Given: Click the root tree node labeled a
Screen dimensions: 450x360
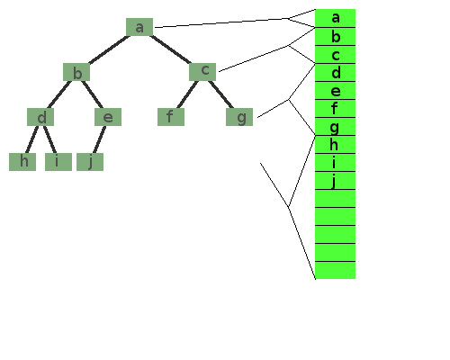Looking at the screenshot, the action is [x=139, y=27].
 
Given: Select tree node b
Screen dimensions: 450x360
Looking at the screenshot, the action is [x=76, y=72].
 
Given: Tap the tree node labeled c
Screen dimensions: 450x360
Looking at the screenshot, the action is [x=202, y=72].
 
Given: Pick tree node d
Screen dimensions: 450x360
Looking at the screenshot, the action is [x=40, y=117].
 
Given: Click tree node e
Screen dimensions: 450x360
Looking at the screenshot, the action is [x=108, y=117].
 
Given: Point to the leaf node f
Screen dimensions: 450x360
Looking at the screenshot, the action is [x=171, y=117].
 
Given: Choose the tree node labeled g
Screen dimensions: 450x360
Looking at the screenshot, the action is [x=239, y=117].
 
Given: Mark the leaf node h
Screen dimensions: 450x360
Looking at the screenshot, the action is [x=22, y=162].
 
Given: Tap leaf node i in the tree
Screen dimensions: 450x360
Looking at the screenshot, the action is [x=58, y=162].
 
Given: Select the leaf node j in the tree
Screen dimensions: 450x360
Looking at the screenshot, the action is [x=90, y=162].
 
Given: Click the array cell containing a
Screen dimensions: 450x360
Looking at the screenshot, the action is [x=336, y=18].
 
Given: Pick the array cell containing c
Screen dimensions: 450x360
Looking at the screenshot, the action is [x=336, y=54].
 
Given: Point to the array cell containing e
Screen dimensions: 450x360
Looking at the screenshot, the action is [x=336, y=90].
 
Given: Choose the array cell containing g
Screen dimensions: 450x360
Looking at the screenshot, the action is [x=336, y=126].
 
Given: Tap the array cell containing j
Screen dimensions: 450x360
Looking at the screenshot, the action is [x=336, y=180].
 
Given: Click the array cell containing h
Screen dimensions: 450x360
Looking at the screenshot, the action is [x=336, y=144].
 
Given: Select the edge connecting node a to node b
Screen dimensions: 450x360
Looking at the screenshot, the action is [x=109, y=49].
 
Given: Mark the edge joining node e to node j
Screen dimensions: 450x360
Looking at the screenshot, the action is [x=99, y=139].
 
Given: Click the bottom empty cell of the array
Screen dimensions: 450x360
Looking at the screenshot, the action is [x=336, y=270].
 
